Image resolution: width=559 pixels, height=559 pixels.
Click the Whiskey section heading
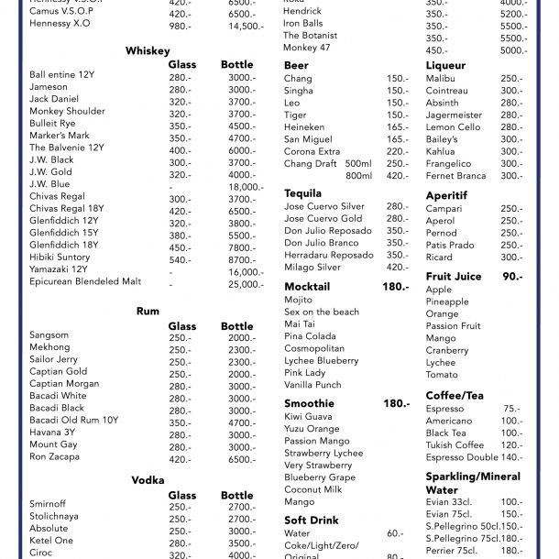[x=147, y=50]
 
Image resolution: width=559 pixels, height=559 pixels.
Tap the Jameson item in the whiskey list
[x=49, y=87]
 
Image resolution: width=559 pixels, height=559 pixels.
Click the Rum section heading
[x=148, y=312]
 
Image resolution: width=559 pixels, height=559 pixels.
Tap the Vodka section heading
[x=148, y=480]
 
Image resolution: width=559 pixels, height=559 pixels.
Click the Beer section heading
[x=296, y=66]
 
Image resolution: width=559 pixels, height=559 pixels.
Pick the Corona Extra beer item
[x=312, y=151]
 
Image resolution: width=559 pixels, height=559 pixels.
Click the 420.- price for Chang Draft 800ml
[x=397, y=176]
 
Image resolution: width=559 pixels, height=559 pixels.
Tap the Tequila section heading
[x=303, y=193]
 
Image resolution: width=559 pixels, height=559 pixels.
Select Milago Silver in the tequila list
[x=312, y=267]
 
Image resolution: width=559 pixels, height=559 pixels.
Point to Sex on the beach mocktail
[x=322, y=312]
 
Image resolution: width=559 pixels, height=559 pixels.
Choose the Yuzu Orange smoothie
[x=312, y=429]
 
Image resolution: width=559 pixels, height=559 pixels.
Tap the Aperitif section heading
[x=448, y=195]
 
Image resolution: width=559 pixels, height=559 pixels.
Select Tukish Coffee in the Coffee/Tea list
[x=455, y=445]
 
